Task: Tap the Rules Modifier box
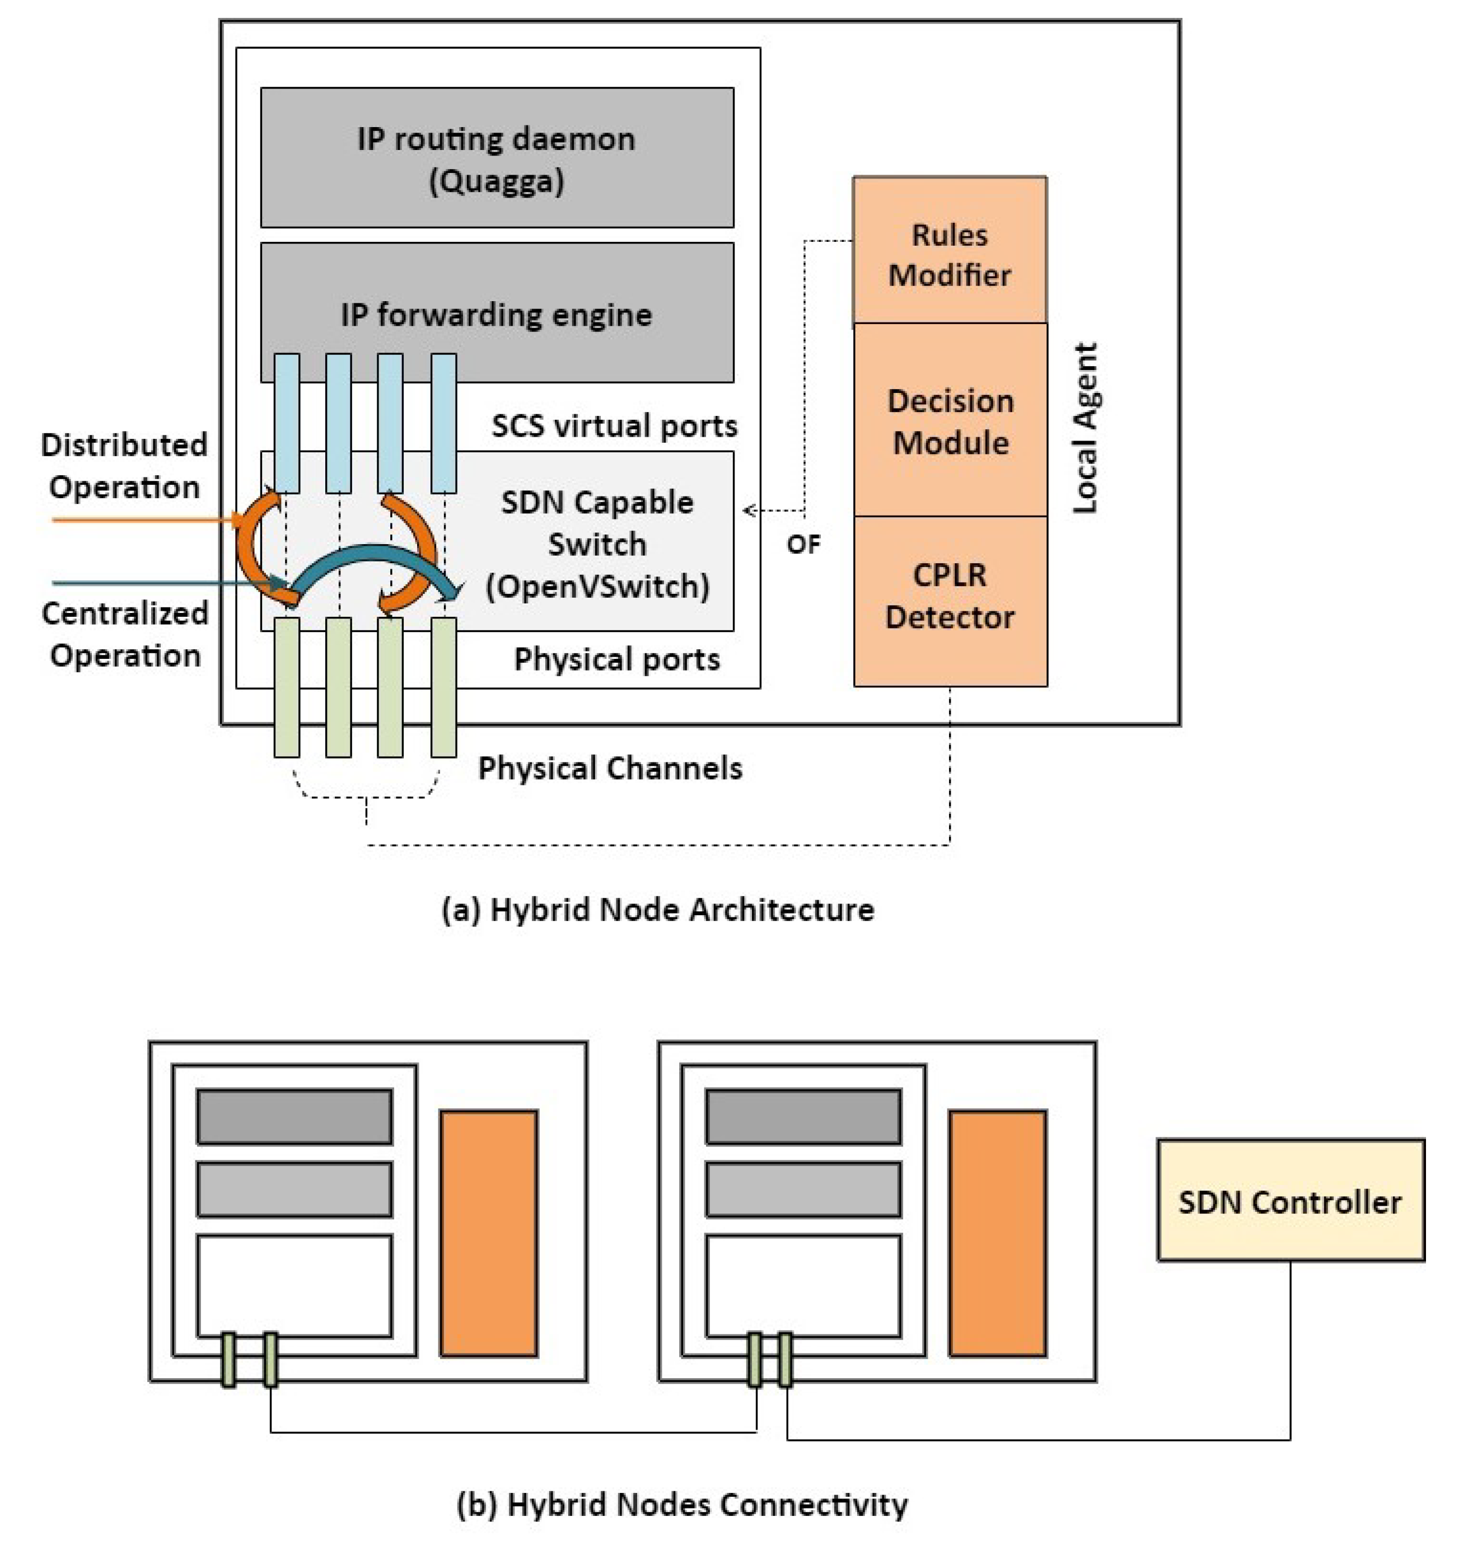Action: pyautogui.click(x=949, y=250)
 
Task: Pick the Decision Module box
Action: pyautogui.click(x=949, y=420)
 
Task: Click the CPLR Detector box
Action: pyautogui.click(x=949, y=596)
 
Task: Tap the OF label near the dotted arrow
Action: pyautogui.click(x=803, y=543)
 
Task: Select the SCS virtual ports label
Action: pyautogui.click(x=614, y=425)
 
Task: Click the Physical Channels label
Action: pyautogui.click(x=610, y=767)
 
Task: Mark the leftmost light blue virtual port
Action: pyautogui.click(x=287, y=423)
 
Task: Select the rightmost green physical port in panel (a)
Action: pyautogui.click(x=443, y=686)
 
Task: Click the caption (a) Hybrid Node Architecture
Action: pyautogui.click(x=657, y=909)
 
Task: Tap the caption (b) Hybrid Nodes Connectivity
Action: pyautogui.click(x=681, y=1504)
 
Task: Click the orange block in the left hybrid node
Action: pyautogui.click(x=488, y=1233)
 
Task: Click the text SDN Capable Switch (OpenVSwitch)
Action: pyautogui.click(x=597, y=544)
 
